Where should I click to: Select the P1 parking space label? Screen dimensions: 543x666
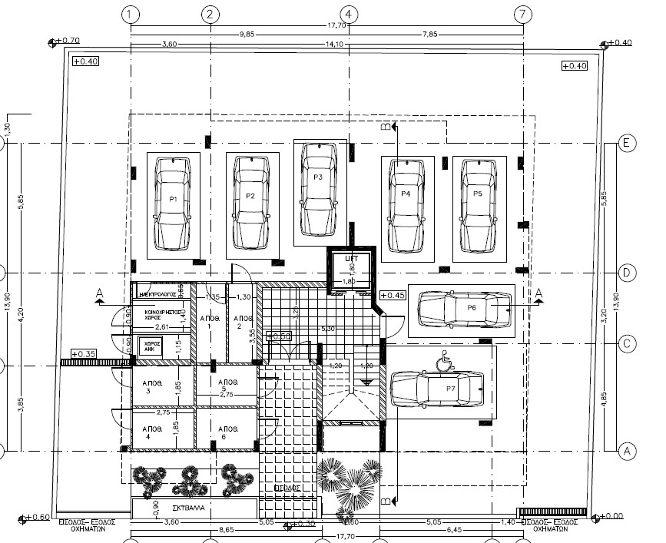[174, 199]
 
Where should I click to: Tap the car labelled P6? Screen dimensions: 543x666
[464, 310]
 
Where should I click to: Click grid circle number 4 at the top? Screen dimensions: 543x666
[348, 14]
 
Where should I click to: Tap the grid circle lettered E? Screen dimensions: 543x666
[627, 144]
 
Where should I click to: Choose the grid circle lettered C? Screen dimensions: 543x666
[627, 343]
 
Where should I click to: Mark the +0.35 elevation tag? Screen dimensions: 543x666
[84, 354]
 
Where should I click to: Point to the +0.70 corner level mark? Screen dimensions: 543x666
[70, 40]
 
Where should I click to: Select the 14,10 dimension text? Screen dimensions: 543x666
[335, 45]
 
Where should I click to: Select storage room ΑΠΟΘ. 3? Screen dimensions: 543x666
[153, 389]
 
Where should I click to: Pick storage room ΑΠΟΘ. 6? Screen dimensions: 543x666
[230, 432]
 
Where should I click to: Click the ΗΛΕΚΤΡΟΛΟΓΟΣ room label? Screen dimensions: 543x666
[159, 293]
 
